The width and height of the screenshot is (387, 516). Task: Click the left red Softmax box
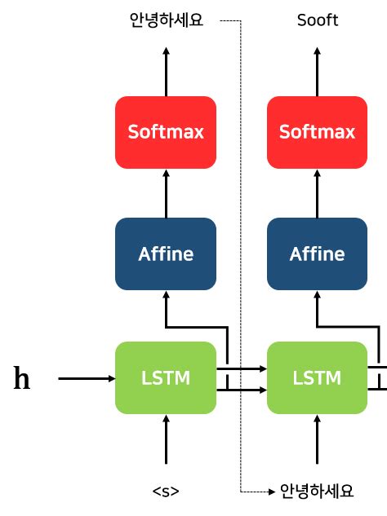pos(166,131)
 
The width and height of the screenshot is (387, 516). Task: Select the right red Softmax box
pos(317,131)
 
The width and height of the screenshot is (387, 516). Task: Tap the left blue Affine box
pos(166,254)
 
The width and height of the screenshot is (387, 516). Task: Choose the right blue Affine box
pos(317,254)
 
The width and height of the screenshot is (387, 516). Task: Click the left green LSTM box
pos(166,378)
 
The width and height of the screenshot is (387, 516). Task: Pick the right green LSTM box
pos(317,378)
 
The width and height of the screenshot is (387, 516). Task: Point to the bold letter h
pos(23,379)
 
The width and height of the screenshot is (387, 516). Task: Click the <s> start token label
pos(166,491)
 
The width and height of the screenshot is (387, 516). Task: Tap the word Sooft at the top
pos(317,20)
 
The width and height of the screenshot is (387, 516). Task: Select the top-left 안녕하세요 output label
pos(166,20)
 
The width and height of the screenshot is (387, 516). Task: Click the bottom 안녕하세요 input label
pos(317,491)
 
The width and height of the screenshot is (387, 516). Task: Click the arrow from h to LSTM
pos(87,378)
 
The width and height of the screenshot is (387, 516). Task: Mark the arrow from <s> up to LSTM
pos(166,444)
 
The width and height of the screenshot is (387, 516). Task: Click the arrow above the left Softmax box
pos(166,71)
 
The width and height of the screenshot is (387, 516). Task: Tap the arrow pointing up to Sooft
pos(317,71)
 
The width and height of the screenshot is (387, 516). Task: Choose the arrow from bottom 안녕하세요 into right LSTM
pos(317,444)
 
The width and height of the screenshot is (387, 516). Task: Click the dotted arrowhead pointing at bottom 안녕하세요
pos(270,492)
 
